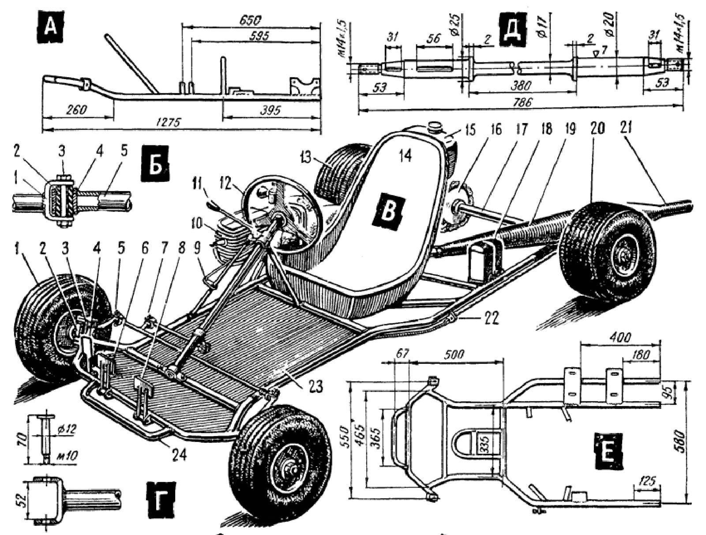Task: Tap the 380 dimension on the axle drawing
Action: click(x=521, y=85)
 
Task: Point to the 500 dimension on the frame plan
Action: click(x=455, y=355)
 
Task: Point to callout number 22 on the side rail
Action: click(x=490, y=318)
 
